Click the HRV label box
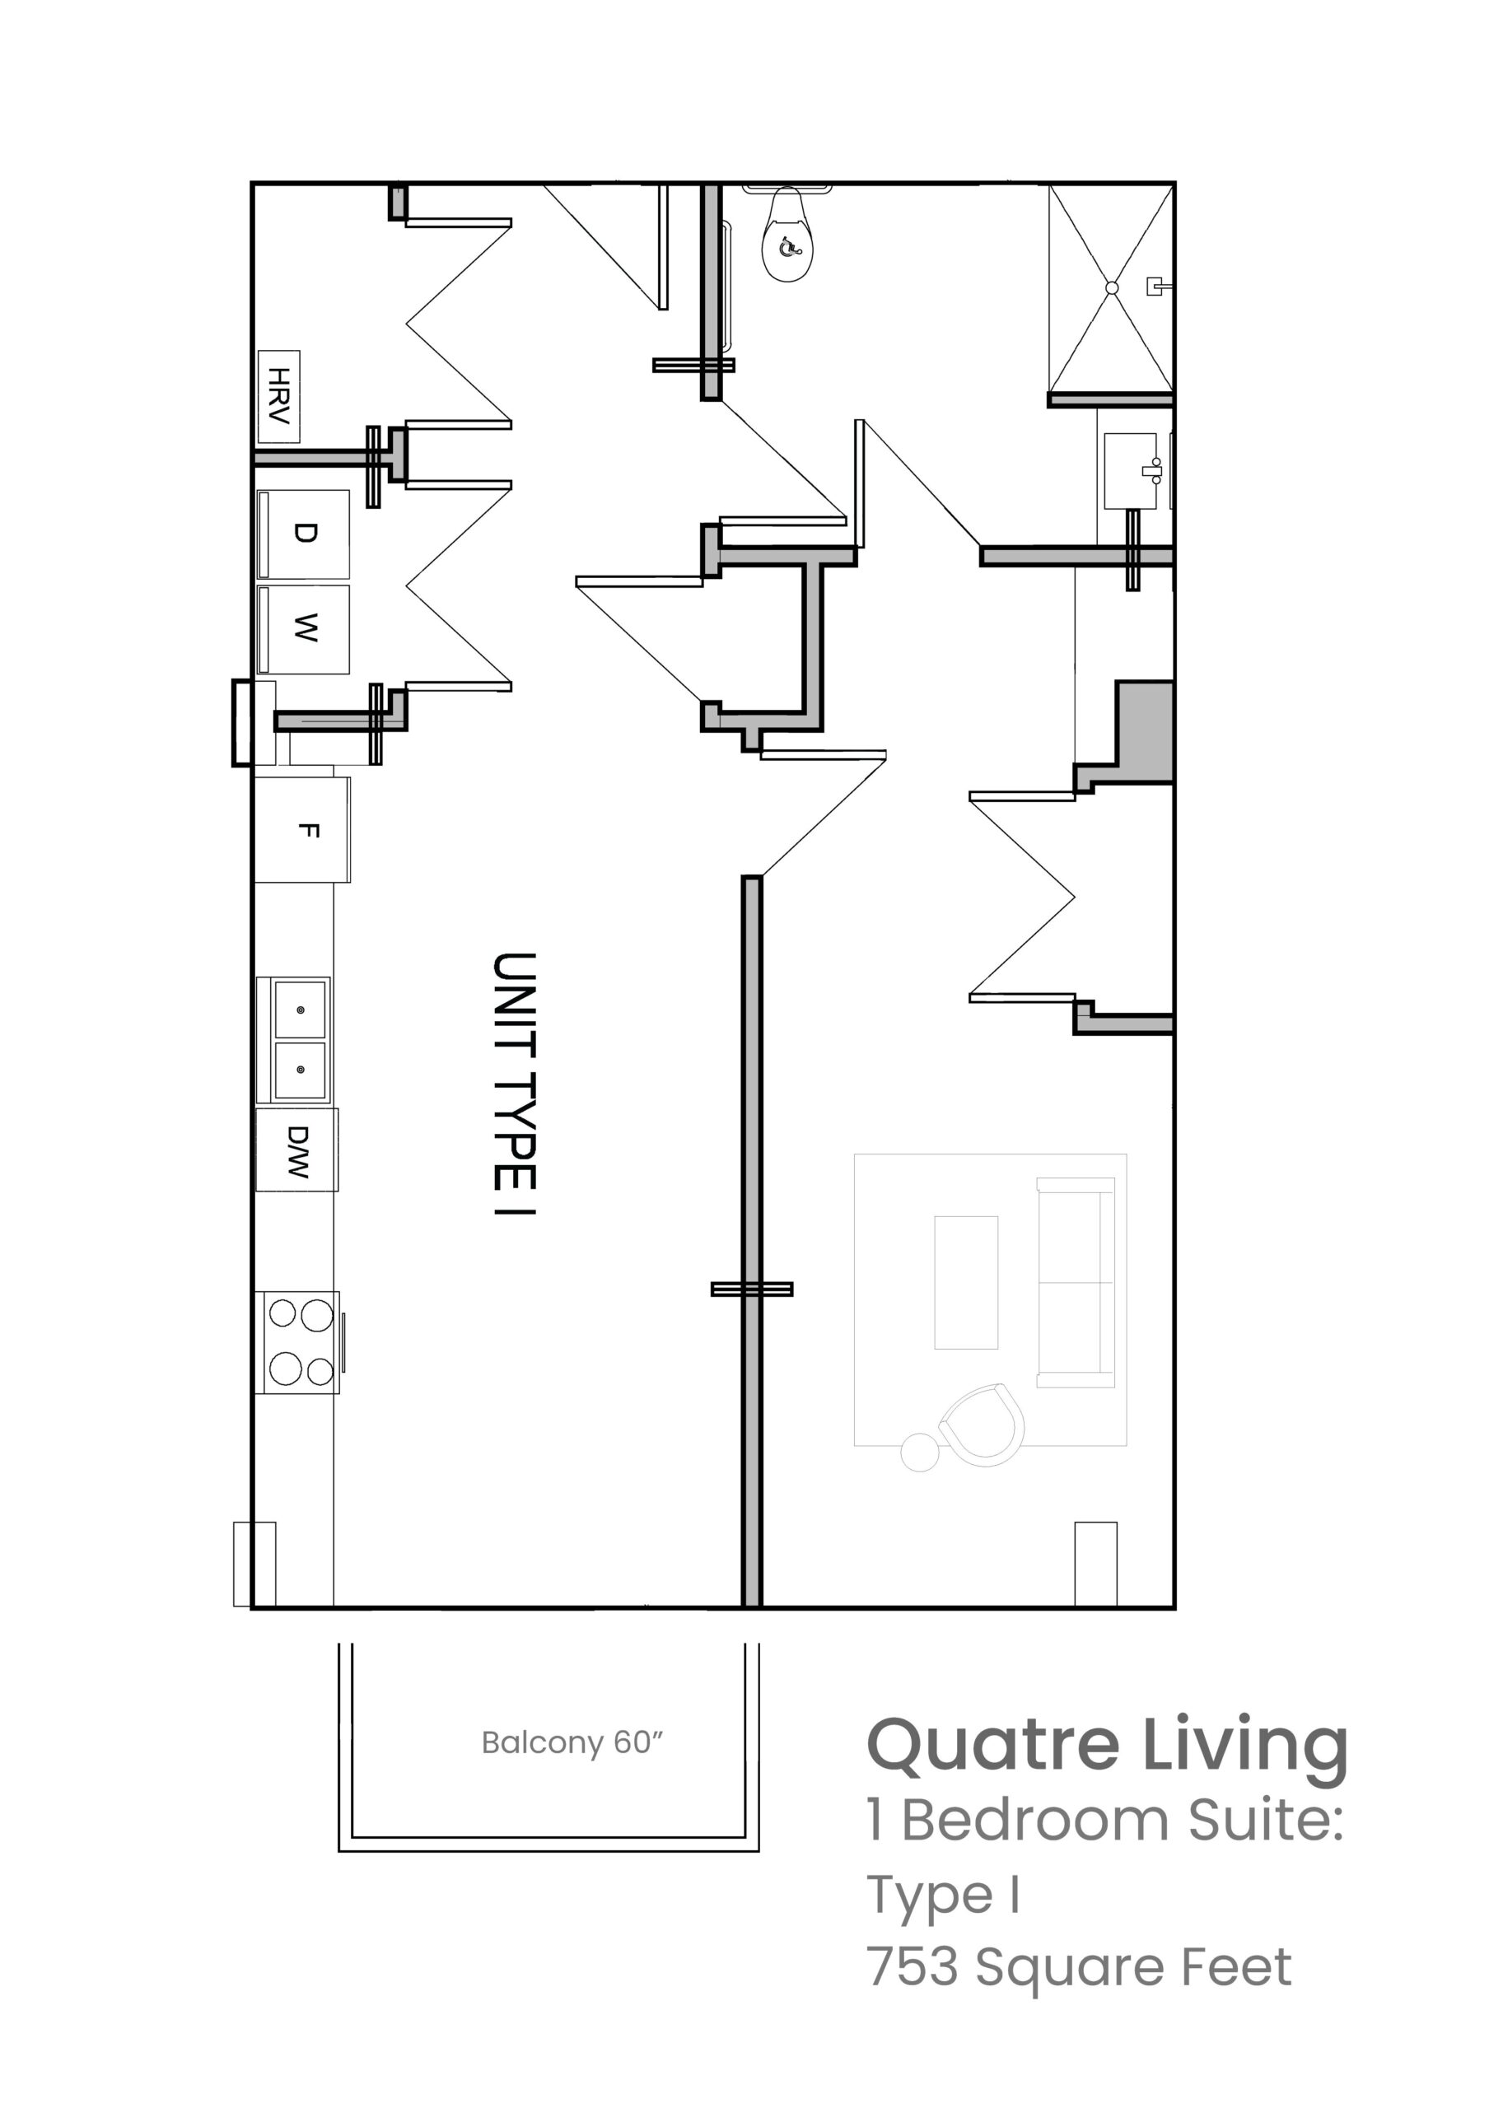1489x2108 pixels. pos(278,396)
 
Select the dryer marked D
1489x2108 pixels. pos(303,534)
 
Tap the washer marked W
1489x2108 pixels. pos(303,629)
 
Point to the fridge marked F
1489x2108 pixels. pos(303,830)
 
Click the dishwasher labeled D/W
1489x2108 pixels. pos(296,1150)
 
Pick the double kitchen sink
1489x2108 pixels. pos(293,1039)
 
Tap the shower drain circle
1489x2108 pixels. pos(1112,288)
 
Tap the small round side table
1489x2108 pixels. pos(920,1452)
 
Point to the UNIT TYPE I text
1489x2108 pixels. pos(514,1084)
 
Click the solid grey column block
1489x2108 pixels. pos(1144,732)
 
